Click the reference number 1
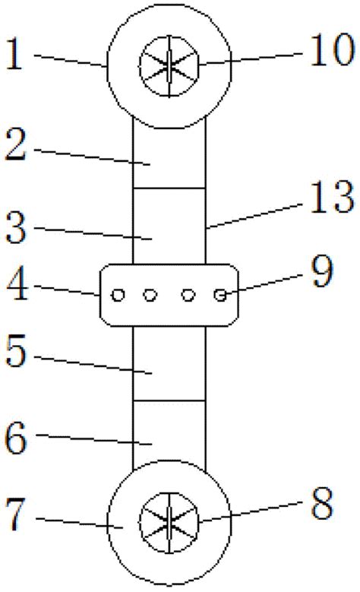point(14,55)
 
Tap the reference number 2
point(16,145)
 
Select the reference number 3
point(16,227)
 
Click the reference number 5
point(16,351)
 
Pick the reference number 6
point(16,438)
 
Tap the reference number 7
point(16,514)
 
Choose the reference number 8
point(322,503)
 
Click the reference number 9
point(322,271)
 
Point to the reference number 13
point(332,196)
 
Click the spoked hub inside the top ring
point(169,66)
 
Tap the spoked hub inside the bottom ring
point(169,523)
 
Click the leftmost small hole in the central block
point(118,295)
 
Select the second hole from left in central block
point(150,295)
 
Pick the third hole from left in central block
point(188,295)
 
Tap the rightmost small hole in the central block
point(220,295)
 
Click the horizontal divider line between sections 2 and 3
point(169,188)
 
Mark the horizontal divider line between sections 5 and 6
point(169,400)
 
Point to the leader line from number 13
point(254,216)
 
